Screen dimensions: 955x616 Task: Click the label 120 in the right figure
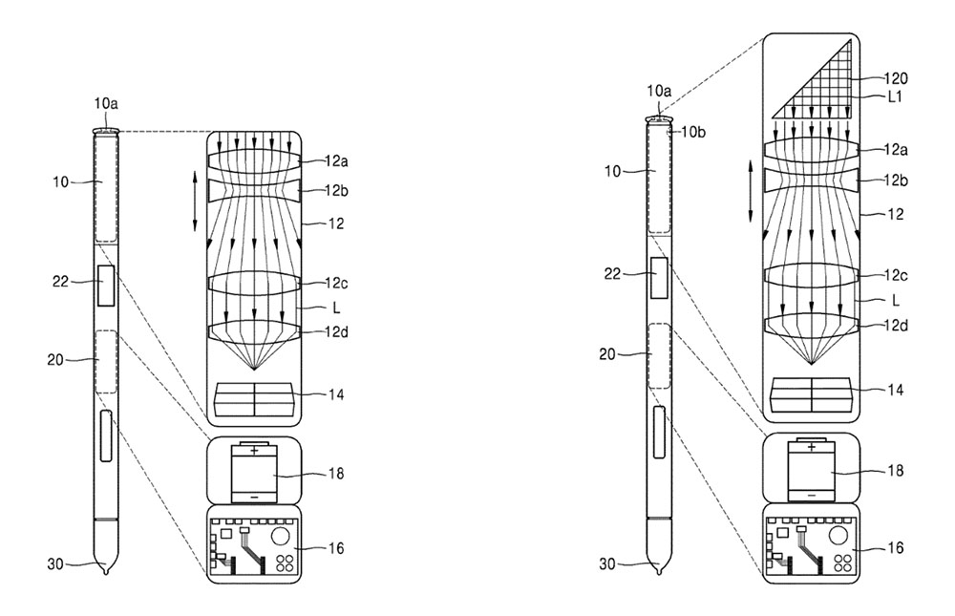coord(895,78)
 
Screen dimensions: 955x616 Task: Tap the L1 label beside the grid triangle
coord(894,96)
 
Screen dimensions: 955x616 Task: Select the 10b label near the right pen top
coord(693,132)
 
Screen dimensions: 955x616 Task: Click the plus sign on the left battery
coord(254,451)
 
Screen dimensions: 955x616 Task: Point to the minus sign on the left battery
coord(254,497)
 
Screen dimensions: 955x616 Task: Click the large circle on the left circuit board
coord(282,536)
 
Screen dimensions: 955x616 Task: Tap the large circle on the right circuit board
coord(838,536)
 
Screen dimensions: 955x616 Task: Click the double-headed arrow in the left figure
coord(195,202)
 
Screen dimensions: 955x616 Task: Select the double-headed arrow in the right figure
coord(751,191)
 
